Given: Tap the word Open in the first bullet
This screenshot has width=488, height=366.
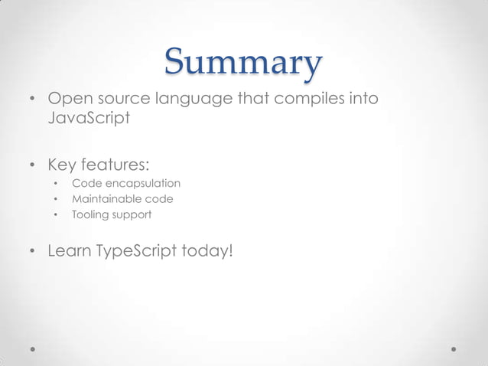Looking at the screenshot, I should pos(67,100).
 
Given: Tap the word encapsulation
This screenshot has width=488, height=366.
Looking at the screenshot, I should pos(142,184).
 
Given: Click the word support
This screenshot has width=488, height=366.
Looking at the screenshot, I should pos(132,215).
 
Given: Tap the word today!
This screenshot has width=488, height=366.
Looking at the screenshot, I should pos(207,250).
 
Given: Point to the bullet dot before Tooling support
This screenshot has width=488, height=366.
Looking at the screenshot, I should pos(56,215).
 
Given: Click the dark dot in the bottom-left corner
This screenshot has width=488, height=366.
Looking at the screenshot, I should pos(34,348).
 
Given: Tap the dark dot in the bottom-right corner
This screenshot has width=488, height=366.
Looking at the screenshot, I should pos(454,348).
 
